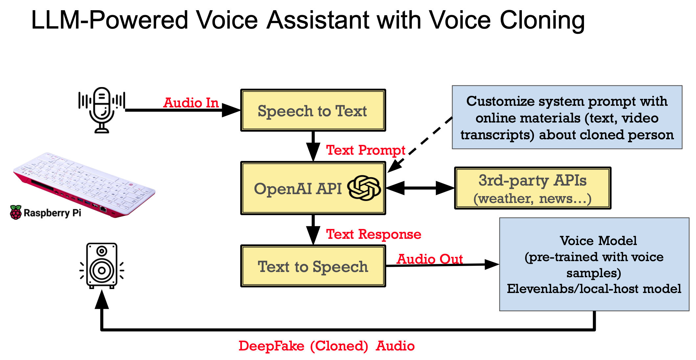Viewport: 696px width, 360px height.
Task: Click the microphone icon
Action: pos(102,110)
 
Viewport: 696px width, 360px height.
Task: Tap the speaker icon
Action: pos(102,266)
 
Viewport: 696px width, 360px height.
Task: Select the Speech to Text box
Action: pos(313,110)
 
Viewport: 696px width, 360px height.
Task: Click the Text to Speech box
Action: pos(313,266)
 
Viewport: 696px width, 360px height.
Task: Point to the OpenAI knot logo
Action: pos(364,188)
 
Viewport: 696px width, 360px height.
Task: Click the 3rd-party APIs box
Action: pos(532,188)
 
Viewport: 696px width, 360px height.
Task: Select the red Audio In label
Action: pos(191,103)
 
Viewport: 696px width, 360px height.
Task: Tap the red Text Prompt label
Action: pos(365,150)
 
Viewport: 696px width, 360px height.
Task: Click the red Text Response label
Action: pos(373,234)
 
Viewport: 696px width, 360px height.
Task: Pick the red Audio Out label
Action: pos(429,259)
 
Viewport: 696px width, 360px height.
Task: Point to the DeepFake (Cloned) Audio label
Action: pos(326,346)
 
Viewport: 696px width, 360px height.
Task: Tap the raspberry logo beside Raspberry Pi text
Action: pos(15,213)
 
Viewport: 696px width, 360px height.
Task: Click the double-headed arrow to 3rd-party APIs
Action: pos(420,188)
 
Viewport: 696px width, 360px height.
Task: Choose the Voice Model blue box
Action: pos(594,264)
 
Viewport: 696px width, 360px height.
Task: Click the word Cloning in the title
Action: pos(542,20)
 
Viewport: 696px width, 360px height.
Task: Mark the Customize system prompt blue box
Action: pos(567,117)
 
